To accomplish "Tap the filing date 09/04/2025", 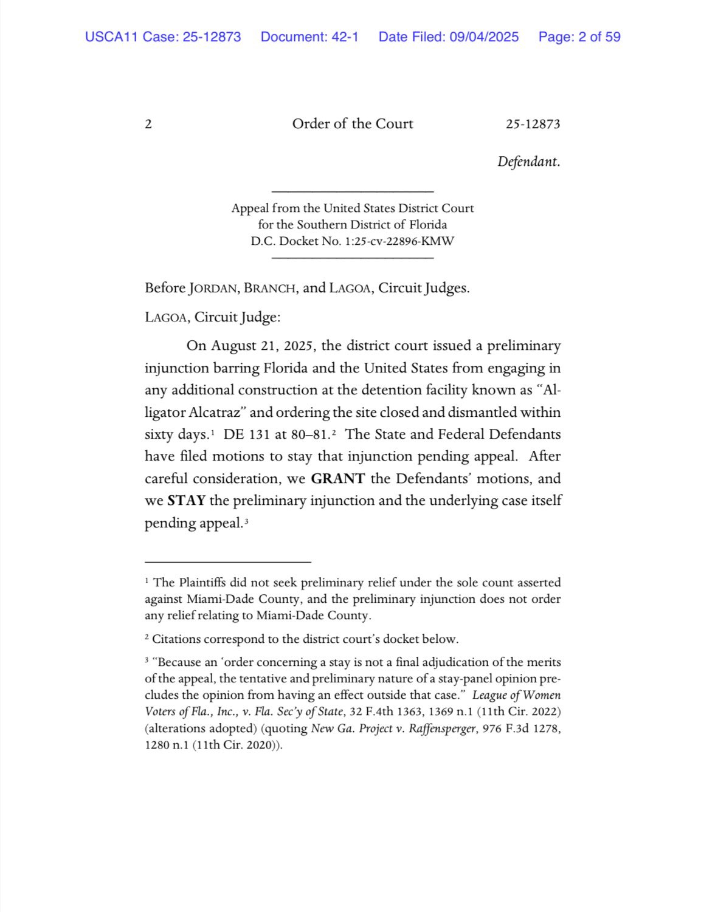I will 484,37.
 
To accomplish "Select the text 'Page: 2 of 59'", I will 579,37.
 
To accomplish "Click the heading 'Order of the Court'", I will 353,124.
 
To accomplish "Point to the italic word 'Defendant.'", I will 528,162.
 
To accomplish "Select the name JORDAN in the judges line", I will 212,289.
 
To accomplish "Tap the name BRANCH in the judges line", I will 270,289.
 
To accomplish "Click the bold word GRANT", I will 337,479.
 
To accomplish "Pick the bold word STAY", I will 186,501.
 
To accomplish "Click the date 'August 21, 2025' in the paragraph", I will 262,346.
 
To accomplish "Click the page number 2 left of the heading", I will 148,125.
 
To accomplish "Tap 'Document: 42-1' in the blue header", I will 309,37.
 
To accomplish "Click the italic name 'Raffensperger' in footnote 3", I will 443,729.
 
